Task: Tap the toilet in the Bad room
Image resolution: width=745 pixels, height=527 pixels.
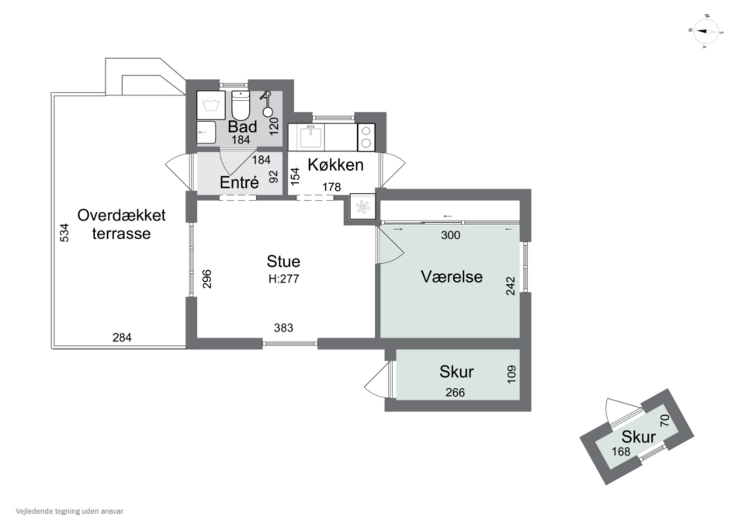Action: click(x=240, y=106)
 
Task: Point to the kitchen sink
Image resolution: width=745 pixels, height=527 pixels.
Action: click(x=311, y=137)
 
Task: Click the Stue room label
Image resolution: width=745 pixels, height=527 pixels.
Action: click(x=283, y=262)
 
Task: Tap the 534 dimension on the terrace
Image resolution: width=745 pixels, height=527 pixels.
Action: click(x=65, y=233)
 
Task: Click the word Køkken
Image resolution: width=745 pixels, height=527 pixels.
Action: click(x=335, y=165)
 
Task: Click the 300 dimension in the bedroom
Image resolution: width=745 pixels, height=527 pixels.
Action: click(x=450, y=235)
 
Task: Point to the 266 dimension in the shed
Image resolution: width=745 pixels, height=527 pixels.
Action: click(x=455, y=393)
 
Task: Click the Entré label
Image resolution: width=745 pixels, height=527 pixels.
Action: click(x=239, y=182)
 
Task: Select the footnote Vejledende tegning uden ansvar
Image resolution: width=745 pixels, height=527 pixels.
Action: click(x=70, y=511)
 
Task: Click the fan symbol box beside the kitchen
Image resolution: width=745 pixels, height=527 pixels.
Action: click(x=362, y=207)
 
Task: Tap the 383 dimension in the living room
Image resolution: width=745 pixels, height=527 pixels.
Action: click(x=283, y=328)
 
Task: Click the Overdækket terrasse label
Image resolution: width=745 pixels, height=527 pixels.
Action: click(x=121, y=224)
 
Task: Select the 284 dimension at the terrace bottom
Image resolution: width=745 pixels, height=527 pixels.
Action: click(x=122, y=338)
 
